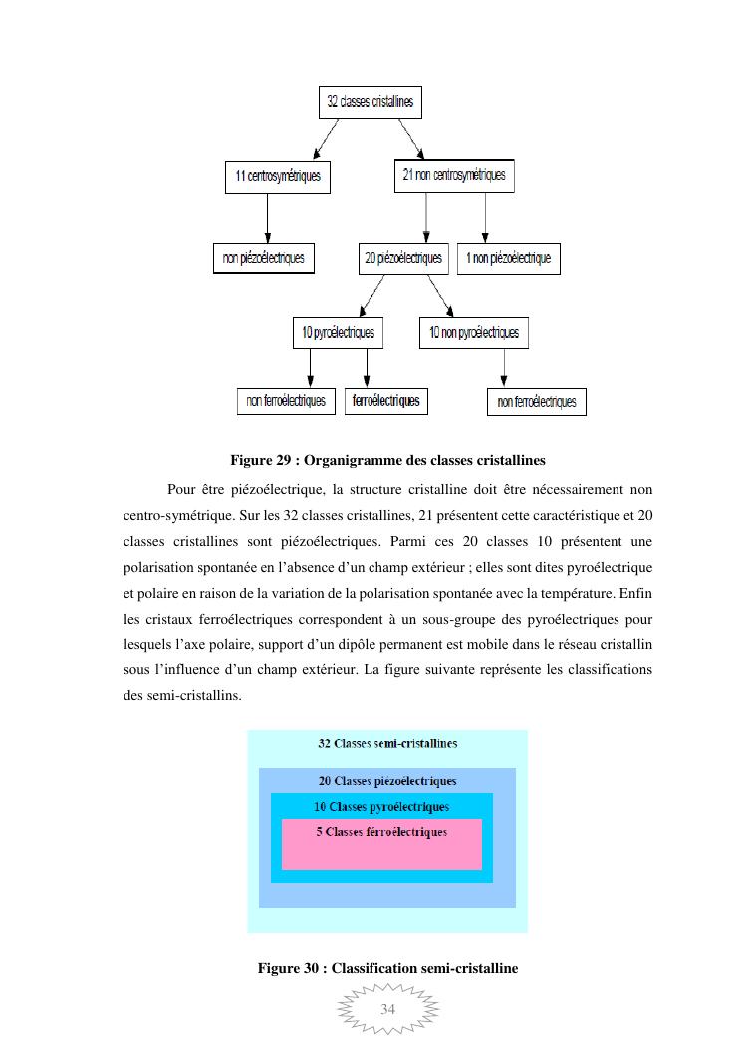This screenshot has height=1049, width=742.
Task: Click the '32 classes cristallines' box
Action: click(370, 102)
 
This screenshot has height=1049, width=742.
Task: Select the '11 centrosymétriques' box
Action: click(277, 177)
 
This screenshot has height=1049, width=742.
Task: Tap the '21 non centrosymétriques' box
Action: click(453, 176)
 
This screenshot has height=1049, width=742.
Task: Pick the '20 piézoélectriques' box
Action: click(402, 259)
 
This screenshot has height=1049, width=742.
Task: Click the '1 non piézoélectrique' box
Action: click(508, 259)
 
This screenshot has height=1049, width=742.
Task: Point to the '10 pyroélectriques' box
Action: click(339, 332)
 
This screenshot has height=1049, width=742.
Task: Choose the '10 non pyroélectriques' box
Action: click(474, 332)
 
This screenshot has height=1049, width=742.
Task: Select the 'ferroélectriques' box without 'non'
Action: click(385, 401)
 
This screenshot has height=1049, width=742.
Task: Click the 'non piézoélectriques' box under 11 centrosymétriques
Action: click(264, 258)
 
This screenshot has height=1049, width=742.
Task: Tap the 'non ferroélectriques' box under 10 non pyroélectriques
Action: click(537, 402)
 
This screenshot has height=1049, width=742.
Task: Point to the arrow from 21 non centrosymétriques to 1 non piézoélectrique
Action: click(485, 217)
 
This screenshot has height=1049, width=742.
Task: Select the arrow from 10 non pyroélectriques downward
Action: click(503, 368)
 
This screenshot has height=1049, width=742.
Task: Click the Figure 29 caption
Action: click(387, 461)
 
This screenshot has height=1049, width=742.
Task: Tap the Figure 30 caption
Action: click(387, 968)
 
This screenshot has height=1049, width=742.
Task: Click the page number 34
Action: click(388, 1009)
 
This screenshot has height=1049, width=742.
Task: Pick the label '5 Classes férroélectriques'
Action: click(381, 832)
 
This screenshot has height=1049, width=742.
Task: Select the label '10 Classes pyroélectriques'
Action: click(381, 807)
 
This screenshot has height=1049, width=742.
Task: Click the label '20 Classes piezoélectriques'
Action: click(387, 781)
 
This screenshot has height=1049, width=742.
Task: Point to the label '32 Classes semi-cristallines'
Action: click(387, 743)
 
